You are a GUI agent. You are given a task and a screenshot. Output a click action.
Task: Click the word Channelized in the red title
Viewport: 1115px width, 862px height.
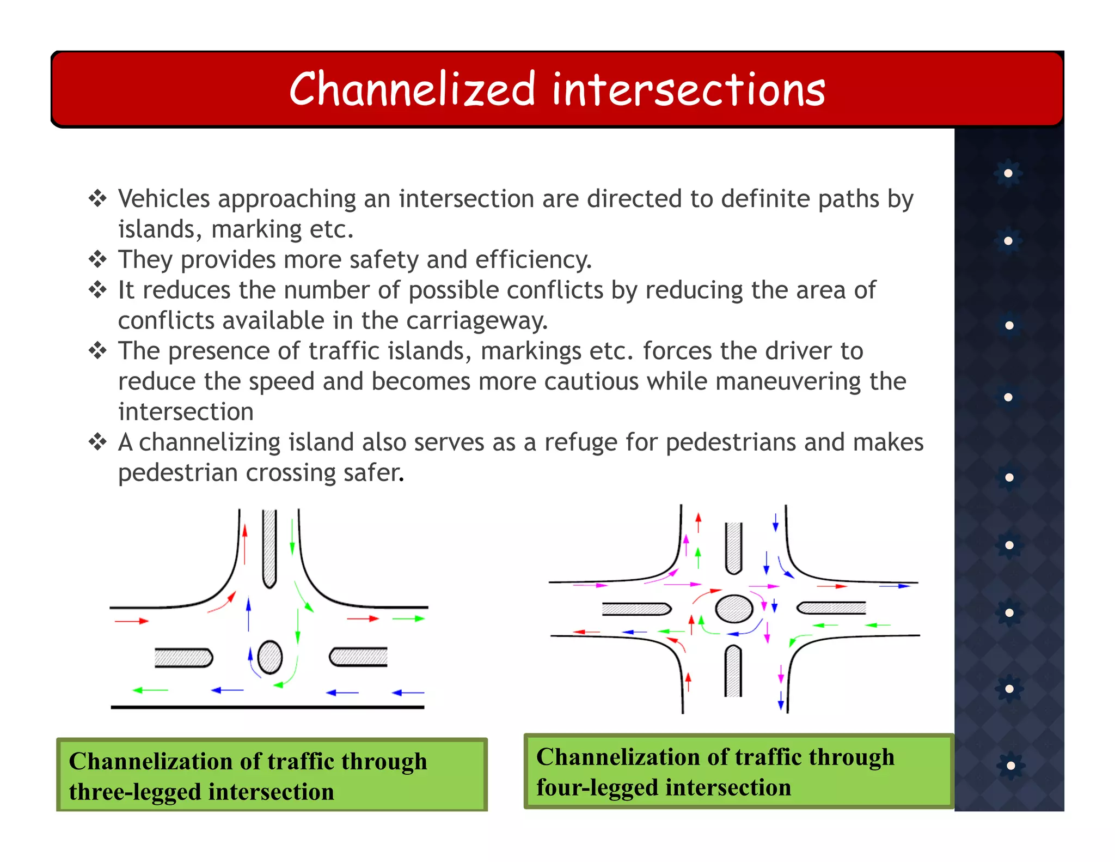coord(412,89)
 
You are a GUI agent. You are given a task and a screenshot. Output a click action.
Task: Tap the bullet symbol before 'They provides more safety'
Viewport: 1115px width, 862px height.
coord(97,259)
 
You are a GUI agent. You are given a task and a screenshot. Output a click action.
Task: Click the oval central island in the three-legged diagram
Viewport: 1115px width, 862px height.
coord(269,657)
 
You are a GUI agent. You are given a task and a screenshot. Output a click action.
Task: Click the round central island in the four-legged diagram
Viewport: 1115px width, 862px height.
coord(734,609)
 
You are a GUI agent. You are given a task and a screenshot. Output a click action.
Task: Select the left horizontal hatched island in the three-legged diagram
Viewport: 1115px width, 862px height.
coord(183,658)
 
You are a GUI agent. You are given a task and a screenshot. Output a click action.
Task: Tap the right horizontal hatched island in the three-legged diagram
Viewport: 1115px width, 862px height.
coord(358,657)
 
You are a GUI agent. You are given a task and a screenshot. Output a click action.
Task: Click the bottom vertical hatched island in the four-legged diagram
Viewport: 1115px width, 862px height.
coord(733,671)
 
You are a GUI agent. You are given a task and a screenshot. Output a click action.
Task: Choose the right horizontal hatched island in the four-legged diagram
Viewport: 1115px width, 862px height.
coord(831,608)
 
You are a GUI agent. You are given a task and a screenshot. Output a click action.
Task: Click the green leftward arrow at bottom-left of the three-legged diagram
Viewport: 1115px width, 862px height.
coord(150,690)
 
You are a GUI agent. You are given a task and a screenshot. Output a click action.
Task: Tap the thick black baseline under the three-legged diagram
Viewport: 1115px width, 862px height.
coord(267,707)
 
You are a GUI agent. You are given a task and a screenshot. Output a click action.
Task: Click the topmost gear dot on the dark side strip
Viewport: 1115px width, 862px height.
coord(1008,173)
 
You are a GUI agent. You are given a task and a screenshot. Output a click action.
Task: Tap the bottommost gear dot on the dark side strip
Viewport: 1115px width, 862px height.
coord(1010,766)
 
